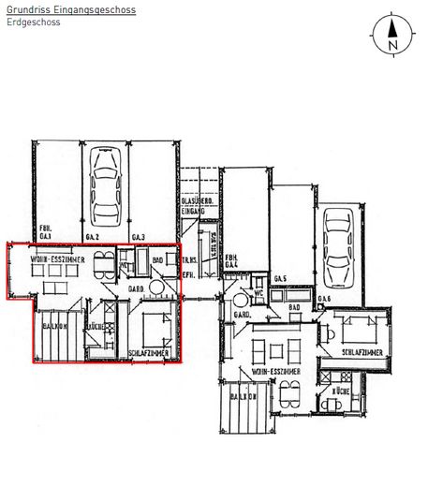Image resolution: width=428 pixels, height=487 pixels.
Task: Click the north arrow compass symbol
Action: pyautogui.click(x=392, y=36)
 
